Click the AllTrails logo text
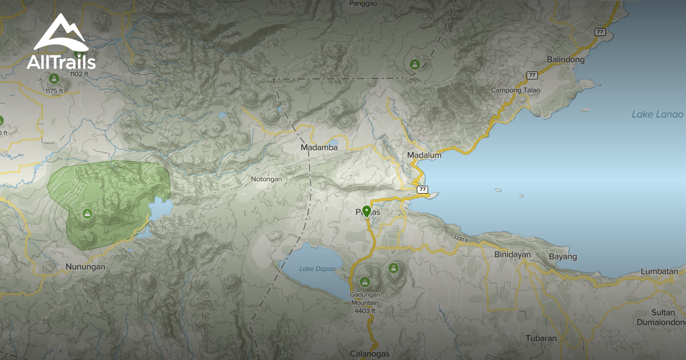pos(61,61)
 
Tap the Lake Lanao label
pos(657,114)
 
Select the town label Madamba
pos(319,147)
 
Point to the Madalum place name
pos(424,155)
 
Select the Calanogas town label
pos(370,354)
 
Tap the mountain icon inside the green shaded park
pos(87,214)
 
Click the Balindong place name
pos(565,59)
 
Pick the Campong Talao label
pos(515,90)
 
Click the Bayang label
pos(563,257)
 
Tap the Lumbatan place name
pos(659,271)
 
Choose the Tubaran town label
pos(540,338)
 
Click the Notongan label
pos(266,179)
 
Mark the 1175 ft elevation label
pos(54,91)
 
